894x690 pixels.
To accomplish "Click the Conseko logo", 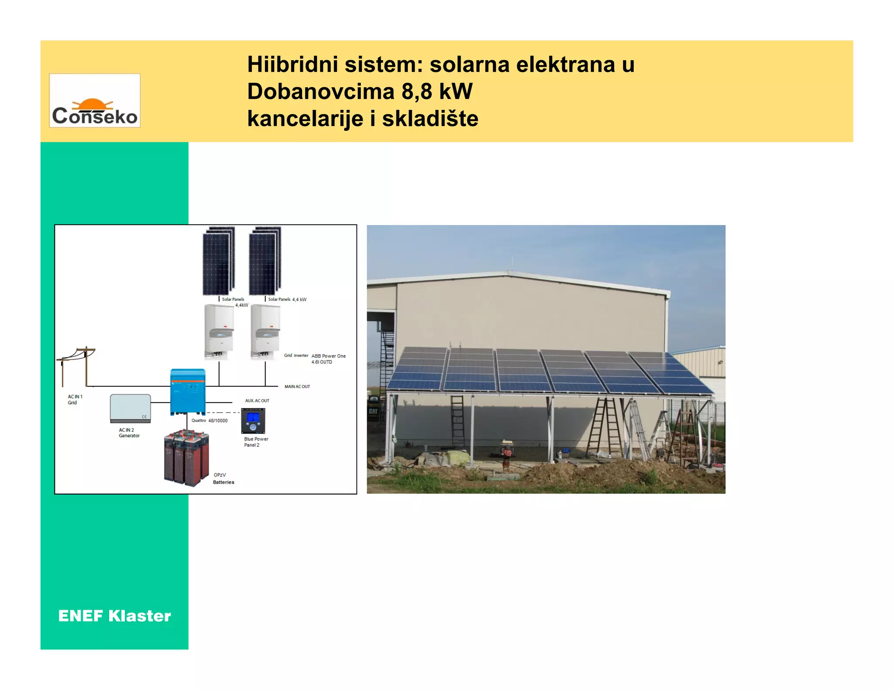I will point(95,101).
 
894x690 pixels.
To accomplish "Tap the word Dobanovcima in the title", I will point(320,92).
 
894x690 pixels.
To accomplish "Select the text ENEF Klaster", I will point(114,616).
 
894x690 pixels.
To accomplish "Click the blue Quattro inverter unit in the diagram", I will point(188,391).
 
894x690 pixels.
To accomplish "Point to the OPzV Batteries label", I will point(223,478).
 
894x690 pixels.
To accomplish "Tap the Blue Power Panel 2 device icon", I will point(253,420).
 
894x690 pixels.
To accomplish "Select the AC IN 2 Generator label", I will point(129,433).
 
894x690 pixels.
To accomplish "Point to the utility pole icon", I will point(76,366).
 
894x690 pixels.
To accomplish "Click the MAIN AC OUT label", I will point(297,386).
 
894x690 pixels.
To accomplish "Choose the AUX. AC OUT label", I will point(257,400).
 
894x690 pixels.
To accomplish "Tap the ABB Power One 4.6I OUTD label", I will point(328,359).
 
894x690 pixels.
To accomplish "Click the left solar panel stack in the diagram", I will point(219,260).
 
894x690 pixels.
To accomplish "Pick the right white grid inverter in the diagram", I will point(265,331).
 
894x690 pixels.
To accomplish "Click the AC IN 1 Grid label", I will point(75,400).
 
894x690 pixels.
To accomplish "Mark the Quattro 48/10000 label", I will point(210,420).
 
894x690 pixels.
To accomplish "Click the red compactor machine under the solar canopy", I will point(506,453).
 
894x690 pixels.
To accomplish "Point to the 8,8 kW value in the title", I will point(437,92).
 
